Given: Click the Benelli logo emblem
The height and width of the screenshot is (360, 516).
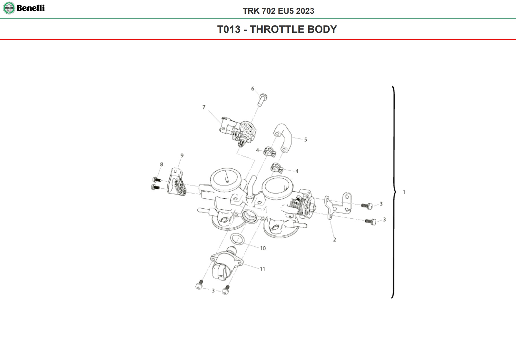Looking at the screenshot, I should click(9, 8).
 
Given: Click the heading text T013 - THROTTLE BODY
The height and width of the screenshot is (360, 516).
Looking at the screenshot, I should click(277, 29).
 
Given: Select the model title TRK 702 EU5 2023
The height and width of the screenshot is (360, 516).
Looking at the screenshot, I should click(278, 11).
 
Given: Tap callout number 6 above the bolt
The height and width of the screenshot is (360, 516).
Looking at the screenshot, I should click(253, 89).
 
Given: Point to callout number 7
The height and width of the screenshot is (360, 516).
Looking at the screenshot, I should click(204, 107).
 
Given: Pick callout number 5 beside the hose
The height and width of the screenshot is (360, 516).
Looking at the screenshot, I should click(305, 140).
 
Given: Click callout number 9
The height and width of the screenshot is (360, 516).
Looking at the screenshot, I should click(182, 156).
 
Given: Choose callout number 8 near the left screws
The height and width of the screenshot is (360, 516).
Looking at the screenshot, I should click(161, 164).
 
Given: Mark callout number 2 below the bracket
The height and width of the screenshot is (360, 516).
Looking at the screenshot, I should click(334, 240).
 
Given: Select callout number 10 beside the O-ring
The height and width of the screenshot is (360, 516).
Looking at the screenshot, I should click(263, 248).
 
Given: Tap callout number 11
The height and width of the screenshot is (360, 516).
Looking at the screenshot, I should click(262, 269).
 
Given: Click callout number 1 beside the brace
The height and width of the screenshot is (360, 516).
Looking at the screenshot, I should click(404, 192).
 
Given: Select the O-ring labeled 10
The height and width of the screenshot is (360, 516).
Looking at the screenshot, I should click(237, 239).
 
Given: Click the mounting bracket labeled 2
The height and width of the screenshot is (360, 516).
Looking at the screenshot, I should click(337, 204).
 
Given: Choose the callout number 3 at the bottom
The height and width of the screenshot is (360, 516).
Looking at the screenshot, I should click(213, 291).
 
